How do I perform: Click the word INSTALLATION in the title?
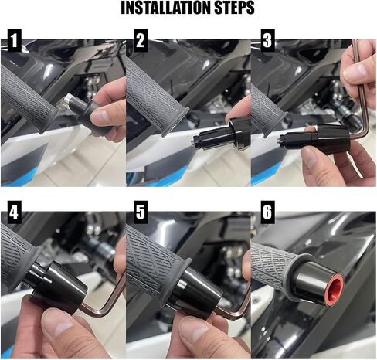(166, 8)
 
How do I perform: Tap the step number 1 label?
(15, 40)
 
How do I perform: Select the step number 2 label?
(141, 40)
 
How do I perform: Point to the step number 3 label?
(267, 40)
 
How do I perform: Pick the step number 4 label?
(15, 212)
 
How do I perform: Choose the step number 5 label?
(141, 212)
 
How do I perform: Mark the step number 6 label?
(267, 212)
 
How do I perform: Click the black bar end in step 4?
(56, 283)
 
